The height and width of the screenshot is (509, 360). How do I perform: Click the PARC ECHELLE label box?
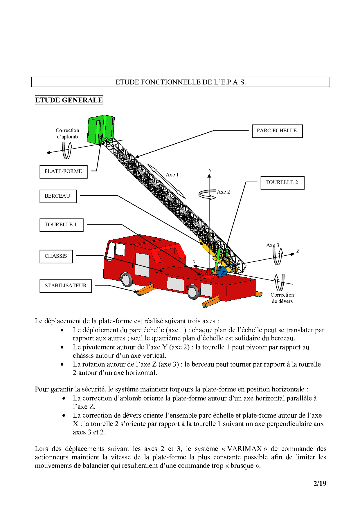[277, 131]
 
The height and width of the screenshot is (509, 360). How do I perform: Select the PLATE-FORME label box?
[63, 172]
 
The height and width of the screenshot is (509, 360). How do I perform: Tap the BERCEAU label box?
[58, 196]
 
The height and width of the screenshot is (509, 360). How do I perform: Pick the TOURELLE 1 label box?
[61, 225]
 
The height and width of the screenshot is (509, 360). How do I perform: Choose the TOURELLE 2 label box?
[282, 183]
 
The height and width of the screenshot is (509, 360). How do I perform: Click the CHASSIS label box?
[56, 256]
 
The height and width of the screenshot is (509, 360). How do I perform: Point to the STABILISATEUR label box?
[66, 286]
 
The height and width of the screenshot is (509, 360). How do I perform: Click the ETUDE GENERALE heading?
[69, 100]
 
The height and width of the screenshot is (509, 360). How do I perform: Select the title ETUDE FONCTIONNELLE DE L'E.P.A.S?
[181, 82]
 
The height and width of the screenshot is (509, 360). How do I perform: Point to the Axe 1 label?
[172, 175]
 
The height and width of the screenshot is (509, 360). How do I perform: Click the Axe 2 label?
[223, 192]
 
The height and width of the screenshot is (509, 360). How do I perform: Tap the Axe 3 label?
[272, 245]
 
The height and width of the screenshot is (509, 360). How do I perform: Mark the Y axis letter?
[210, 171]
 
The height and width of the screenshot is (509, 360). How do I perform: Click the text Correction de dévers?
[282, 298]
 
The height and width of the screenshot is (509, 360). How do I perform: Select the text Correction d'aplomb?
[67, 133]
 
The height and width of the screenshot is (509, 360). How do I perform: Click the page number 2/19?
[320, 483]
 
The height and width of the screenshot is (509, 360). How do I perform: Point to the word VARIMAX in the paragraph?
[244, 449]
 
